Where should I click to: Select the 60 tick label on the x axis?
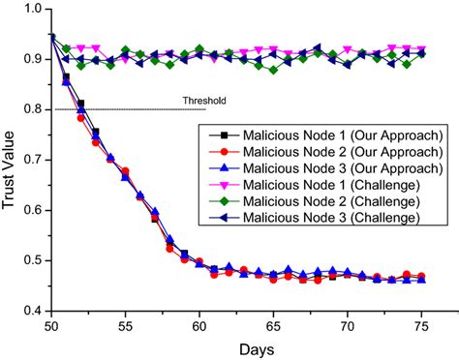pyautogui.click(x=199, y=324)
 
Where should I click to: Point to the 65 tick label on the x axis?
pyautogui.click(x=274, y=324)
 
